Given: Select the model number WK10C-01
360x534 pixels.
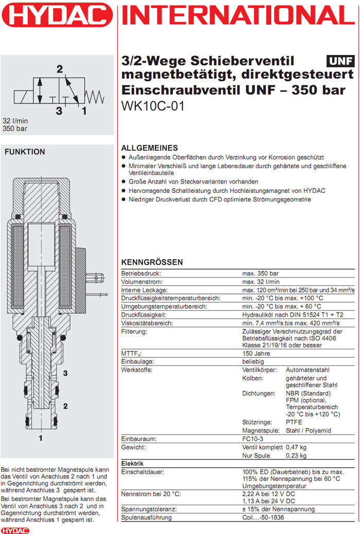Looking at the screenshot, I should [152, 107].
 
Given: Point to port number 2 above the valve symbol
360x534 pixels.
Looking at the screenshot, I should [60, 69].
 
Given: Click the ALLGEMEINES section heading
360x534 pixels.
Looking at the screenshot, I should [149, 148].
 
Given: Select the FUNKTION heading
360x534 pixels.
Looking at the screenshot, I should [25, 152].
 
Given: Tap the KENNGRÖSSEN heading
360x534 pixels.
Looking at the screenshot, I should [152, 262].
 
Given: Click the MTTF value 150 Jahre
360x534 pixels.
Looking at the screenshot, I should [257, 354].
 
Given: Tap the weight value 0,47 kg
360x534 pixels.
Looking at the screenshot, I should [296, 447].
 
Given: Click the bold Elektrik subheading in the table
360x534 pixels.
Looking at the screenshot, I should [132, 464].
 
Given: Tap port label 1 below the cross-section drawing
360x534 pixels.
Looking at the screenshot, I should [40, 438].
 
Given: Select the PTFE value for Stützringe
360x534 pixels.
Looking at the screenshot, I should [294, 422].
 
